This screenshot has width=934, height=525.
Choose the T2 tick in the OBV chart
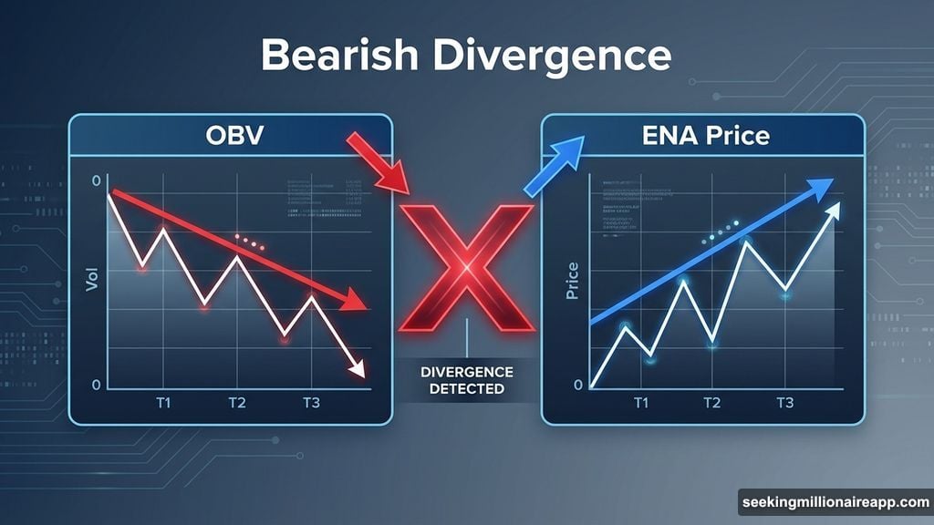coord(237,403)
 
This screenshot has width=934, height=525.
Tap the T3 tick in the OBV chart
coord(312,403)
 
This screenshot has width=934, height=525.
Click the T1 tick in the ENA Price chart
coord(641,403)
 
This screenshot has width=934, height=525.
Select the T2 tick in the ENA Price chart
coord(712,403)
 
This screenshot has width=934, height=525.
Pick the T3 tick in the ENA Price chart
coord(784,403)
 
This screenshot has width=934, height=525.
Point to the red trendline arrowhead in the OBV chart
coord(358,306)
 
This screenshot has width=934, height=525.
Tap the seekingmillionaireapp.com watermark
coord(835,502)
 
